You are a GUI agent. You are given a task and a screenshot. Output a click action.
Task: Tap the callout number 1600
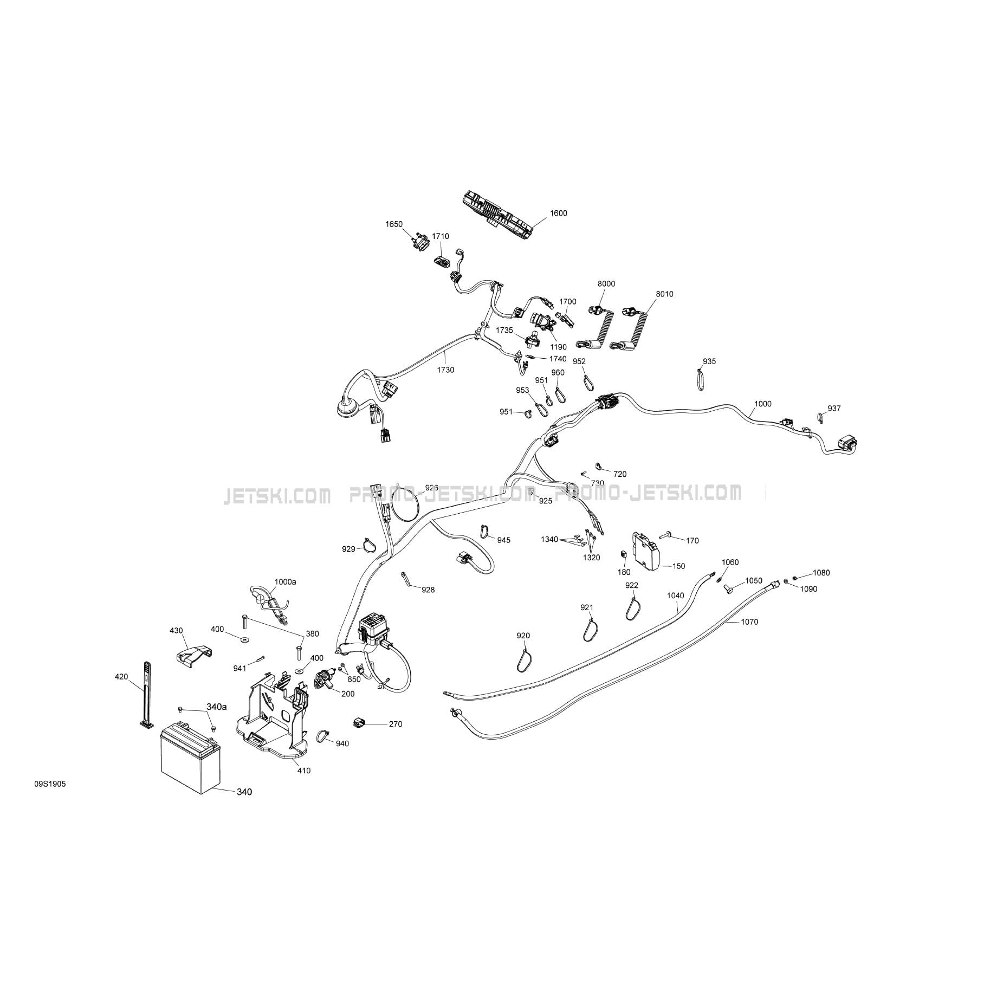558,213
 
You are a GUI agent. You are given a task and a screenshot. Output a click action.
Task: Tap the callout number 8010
664,294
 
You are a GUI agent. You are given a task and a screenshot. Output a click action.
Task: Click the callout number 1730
445,370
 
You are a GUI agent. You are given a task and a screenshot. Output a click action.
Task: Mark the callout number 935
709,361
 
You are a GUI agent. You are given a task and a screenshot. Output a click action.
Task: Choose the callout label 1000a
285,581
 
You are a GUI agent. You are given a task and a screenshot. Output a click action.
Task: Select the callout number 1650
394,224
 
